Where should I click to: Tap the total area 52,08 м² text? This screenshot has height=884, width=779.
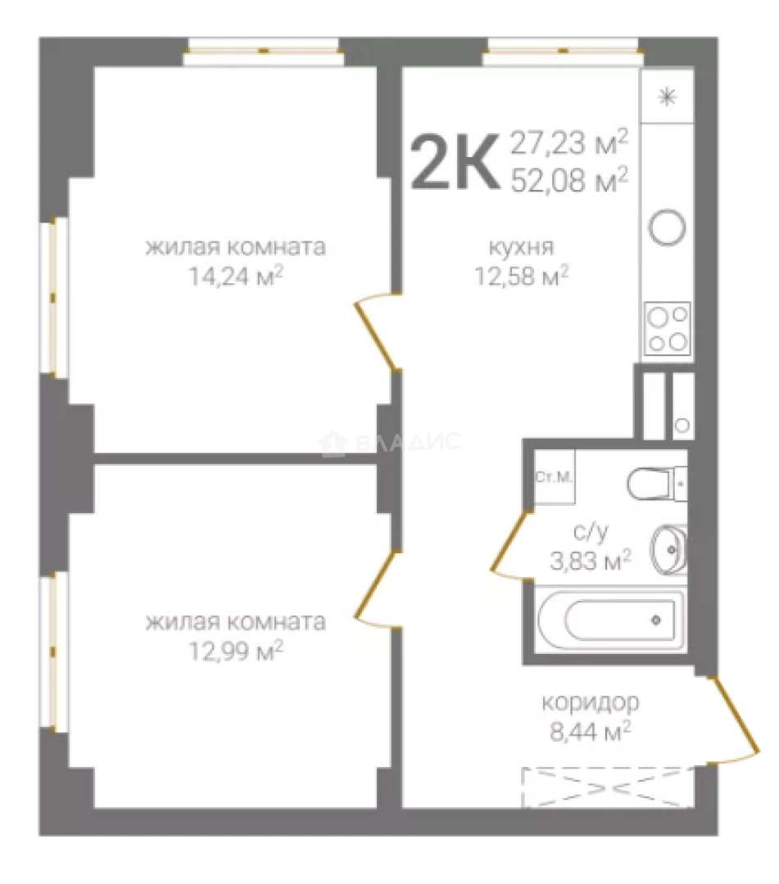pyautogui.click(x=568, y=180)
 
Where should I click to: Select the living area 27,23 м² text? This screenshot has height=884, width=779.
pyautogui.click(x=568, y=142)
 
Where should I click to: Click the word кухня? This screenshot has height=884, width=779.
pyautogui.click(x=521, y=247)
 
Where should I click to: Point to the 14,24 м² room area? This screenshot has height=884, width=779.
pyautogui.click(x=235, y=277)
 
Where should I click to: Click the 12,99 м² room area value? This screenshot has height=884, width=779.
pyautogui.click(x=235, y=652)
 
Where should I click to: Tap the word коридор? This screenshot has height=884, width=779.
pyautogui.click(x=590, y=703)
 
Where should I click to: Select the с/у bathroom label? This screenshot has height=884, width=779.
pyautogui.click(x=590, y=532)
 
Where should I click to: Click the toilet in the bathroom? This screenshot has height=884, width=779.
pyautogui.click(x=657, y=484)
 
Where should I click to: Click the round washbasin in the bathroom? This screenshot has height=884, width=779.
pyautogui.click(x=668, y=549)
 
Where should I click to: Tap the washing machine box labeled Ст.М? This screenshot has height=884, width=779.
pyautogui.click(x=555, y=477)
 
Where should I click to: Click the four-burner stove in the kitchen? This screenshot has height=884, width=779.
pyautogui.click(x=668, y=329)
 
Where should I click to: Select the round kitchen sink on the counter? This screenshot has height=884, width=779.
pyautogui.click(x=668, y=228)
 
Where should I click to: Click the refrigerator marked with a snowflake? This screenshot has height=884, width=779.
pyautogui.click(x=668, y=97)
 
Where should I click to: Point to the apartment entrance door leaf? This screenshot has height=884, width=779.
pyautogui.click(x=736, y=715)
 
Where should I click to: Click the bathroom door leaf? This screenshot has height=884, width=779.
pyautogui.click(x=511, y=541)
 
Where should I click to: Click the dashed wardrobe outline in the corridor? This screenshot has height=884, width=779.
pyautogui.click(x=608, y=787)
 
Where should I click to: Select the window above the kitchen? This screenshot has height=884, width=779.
pyautogui.click(x=563, y=52)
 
